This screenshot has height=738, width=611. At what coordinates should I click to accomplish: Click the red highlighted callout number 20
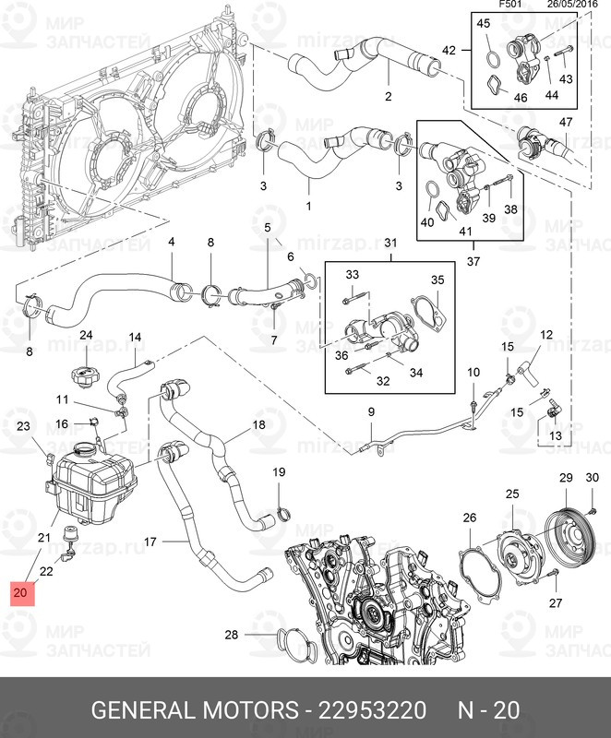pyautogui.click(x=20, y=590)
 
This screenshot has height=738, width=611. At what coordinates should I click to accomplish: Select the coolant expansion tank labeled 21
pyautogui.click(x=93, y=484)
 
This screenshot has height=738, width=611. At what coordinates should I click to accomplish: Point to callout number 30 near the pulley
pyautogui.click(x=593, y=477)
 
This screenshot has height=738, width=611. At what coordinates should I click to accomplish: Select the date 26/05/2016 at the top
pyautogui.click(x=575, y=5)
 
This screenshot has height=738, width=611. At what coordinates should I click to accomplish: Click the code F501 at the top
pyautogui.click(x=510, y=5)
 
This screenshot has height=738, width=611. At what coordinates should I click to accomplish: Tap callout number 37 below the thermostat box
pyautogui.click(x=473, y=262)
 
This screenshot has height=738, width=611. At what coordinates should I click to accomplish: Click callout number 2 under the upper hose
pyautogui.click(x=388, y=96)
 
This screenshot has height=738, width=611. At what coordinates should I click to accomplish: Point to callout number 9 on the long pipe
pyautogui.click(x=371, y=411)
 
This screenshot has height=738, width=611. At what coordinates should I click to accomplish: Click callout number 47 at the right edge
pyautogui.click(x=566, y=123)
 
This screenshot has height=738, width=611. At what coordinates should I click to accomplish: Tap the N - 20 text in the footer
pyautogui.click(x=490, y=710)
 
